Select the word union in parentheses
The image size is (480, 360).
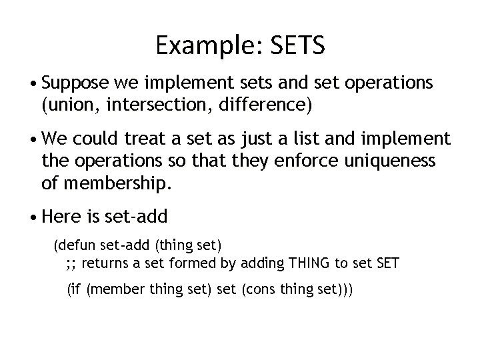click(x=68, y=103)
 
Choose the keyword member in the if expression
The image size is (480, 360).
click(x=110, y=290)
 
